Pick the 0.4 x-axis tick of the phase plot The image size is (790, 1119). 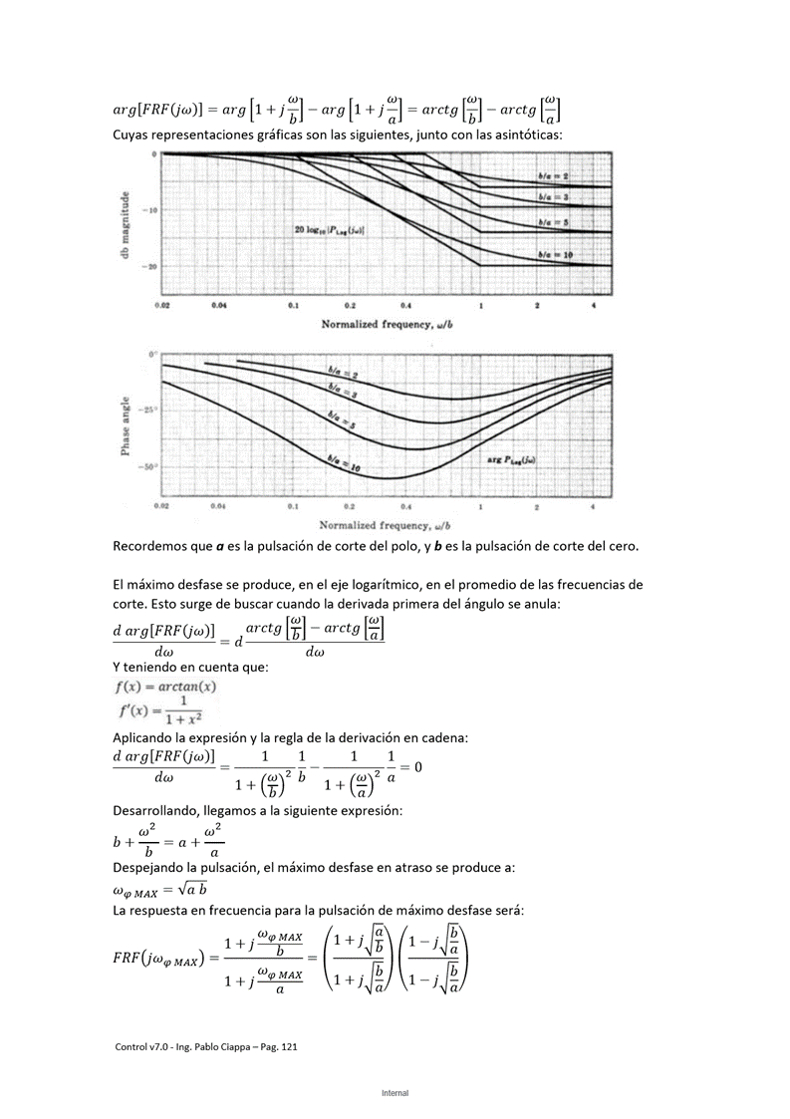pyautogui.click(x=405, y=507)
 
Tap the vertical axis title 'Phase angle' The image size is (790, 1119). pyautogui.click(x=126, y=424)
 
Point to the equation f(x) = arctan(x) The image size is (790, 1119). pyautogui.click(x=164, y=687)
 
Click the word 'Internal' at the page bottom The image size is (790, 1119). pyautogui.click(x=395, y=1093)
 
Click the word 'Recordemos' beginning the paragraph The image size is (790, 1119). pyautogui.click(x=150, y=546)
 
